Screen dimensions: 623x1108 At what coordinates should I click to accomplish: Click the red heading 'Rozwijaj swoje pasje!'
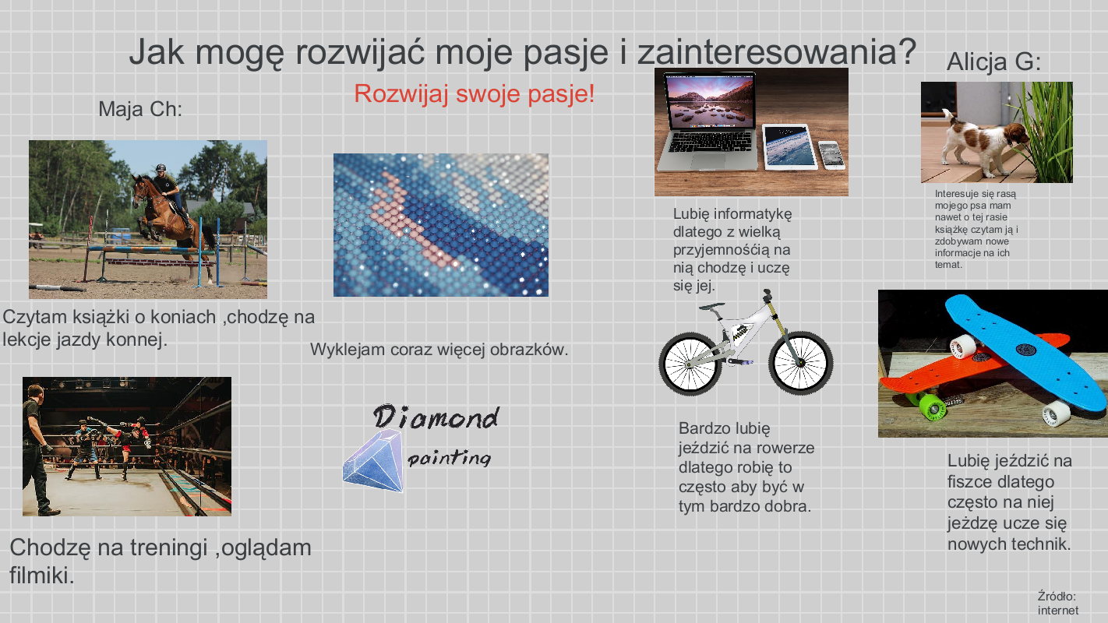point(474,93)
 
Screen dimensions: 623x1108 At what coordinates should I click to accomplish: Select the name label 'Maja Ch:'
point(140,109)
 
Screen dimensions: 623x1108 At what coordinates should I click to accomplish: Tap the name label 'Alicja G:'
point(993,62)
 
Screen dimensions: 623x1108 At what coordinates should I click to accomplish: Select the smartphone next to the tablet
point(831,153)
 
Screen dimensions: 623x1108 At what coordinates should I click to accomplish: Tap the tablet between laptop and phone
point(789,146)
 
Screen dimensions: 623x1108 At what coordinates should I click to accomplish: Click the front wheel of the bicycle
point(800,364)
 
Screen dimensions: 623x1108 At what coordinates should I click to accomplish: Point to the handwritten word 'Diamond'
point(436,417)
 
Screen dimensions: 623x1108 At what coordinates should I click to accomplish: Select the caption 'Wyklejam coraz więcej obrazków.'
point(439,350)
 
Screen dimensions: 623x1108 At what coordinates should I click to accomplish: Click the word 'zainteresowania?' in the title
point(776,52)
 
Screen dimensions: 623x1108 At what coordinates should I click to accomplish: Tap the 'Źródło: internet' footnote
point(1057,604)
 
